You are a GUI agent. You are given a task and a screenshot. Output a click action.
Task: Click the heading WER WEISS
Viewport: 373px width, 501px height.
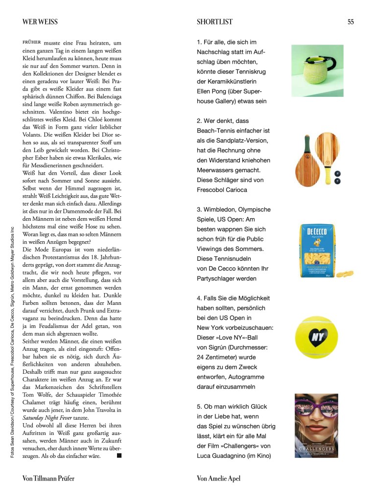(40, 22)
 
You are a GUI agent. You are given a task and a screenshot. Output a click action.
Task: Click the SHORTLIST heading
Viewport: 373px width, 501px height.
(214, 22)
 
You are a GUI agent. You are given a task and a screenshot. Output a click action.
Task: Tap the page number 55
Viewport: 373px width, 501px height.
(350, 22)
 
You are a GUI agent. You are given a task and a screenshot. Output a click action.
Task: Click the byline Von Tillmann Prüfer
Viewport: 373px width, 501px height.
(48, 478)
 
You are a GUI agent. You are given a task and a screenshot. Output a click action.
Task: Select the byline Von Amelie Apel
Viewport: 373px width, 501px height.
(219, 478)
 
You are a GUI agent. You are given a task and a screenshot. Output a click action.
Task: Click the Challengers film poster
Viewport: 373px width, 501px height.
(316, 426)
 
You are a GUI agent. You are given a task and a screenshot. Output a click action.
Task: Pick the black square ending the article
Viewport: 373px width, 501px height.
(119, 455)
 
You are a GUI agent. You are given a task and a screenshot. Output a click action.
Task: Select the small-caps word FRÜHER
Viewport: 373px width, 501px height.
(32, 42)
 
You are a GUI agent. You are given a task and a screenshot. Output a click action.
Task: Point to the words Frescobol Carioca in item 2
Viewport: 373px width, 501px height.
(222, 190)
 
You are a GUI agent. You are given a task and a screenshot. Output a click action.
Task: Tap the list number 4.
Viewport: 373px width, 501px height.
(199, 298)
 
